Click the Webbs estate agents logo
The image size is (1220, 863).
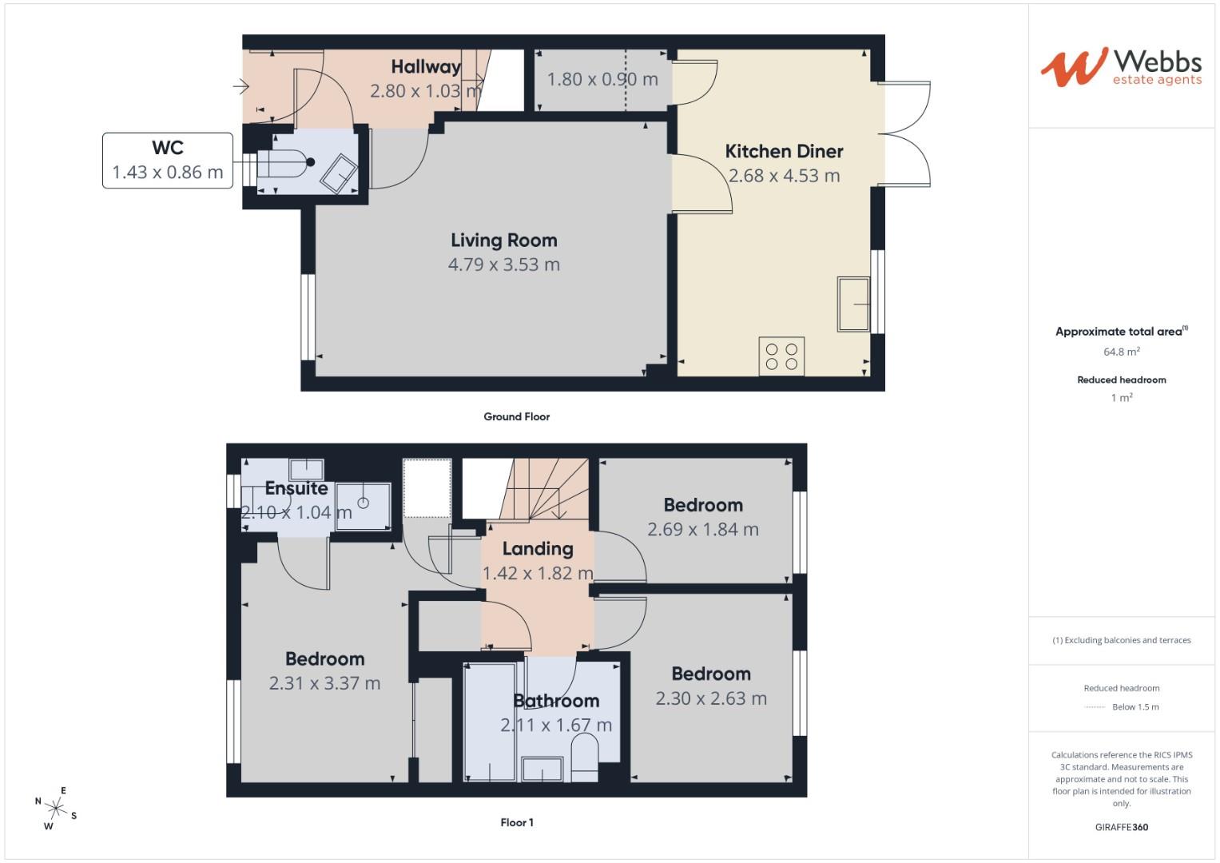(1120, 67)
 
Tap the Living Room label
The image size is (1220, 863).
(503, 240)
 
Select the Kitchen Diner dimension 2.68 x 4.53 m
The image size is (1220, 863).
(784, 176)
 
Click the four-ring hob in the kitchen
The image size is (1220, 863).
(781, 356)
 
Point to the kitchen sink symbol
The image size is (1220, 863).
(853, 304)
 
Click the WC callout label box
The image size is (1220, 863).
(168, 161)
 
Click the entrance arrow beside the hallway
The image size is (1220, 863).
(240, 86)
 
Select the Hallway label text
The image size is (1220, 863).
(425, 67)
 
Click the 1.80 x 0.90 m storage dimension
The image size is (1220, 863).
(602, 79)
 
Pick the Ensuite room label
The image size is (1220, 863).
(296, 488)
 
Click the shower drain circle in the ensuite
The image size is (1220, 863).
(364, 503)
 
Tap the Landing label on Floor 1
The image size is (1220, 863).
(538, 549)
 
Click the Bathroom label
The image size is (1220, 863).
(556, 701)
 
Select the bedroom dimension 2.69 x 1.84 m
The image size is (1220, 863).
(703, 529)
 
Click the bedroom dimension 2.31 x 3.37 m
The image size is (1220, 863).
(324, 683)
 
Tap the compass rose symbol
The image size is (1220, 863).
(57, 808)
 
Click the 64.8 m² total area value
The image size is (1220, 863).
(1121, 352)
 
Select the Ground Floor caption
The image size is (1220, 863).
(516, 416)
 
